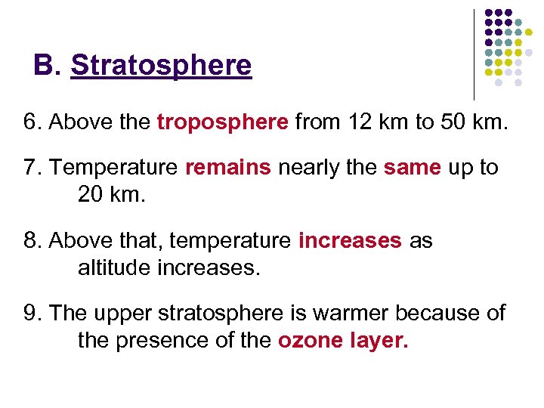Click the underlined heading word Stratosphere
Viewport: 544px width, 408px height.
pyautogui.click(x=161, y=66)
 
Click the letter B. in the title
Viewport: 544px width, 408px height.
pyautogui.click(x=47, y=66)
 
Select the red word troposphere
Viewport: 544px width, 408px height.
pyautogui.click(x=223, y=122)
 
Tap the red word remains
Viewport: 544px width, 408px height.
pyautogui.click(x=227, y=168)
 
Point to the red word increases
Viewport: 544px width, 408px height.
pyautogui.click(x=350, y=241)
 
